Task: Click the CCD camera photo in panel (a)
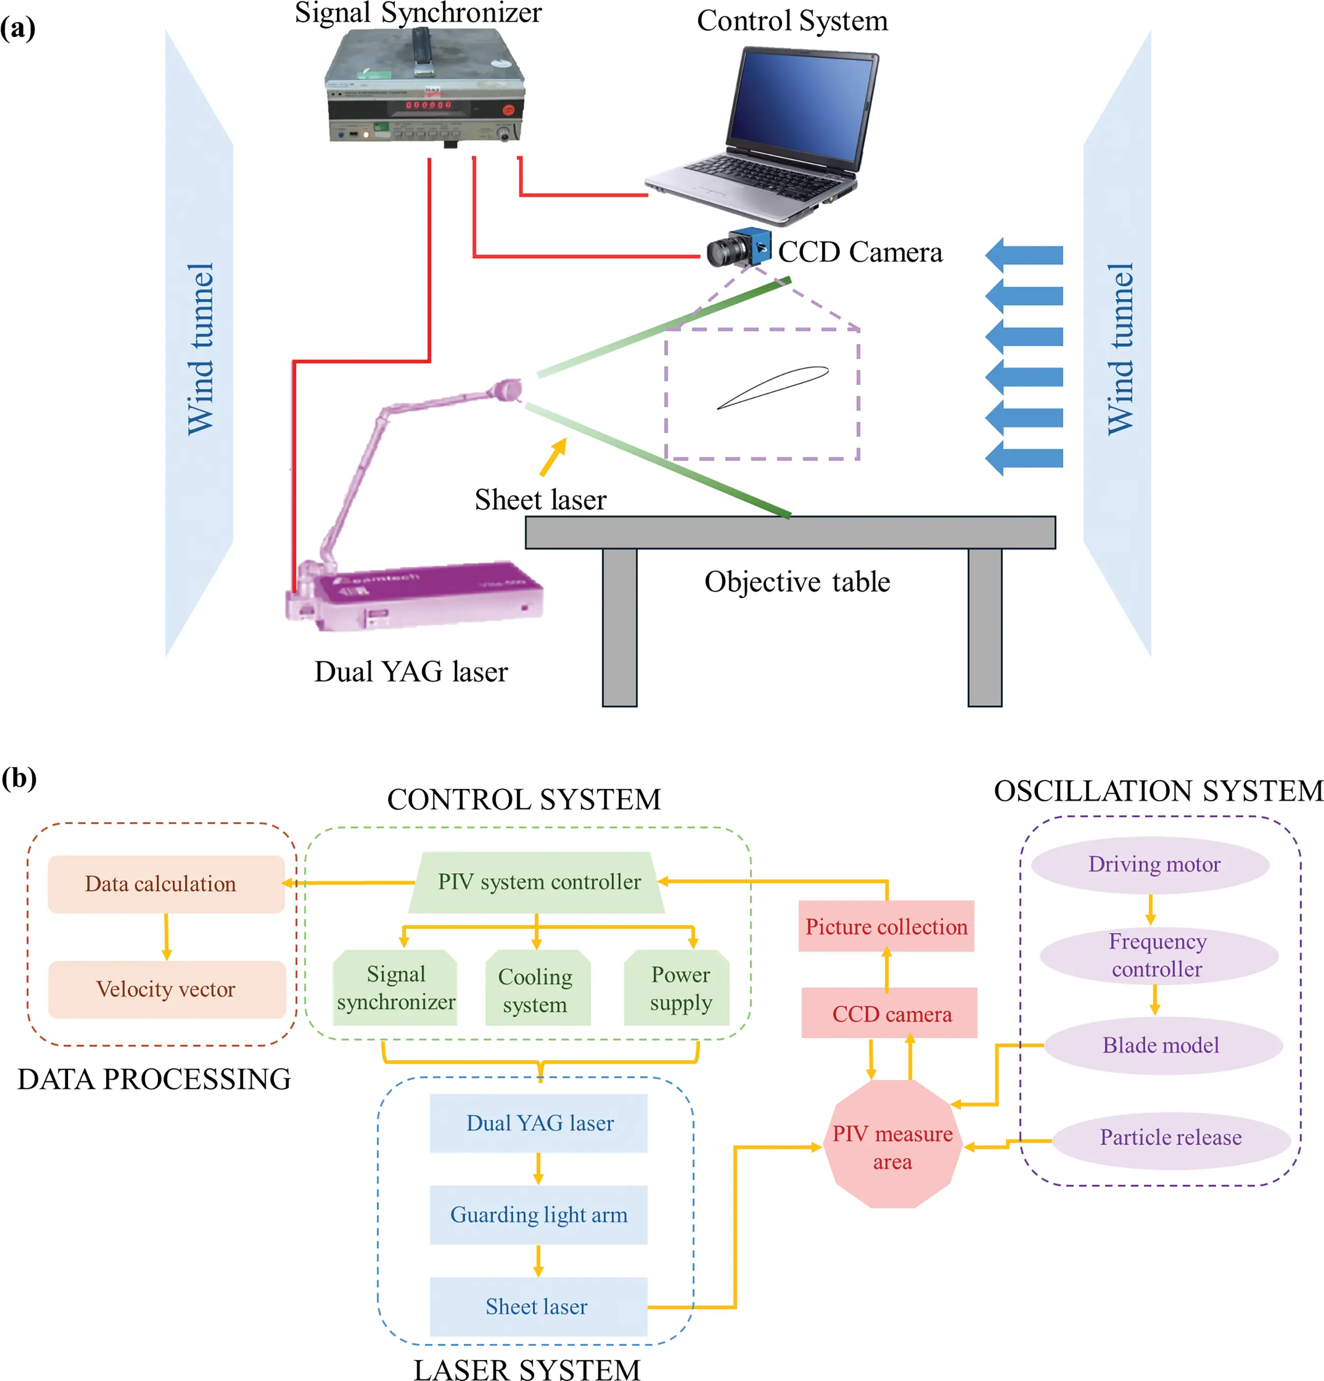coord(738,248)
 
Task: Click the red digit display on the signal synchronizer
coord(427,105)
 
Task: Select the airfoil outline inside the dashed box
coord(773,387)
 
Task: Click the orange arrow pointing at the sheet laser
coord(553,456)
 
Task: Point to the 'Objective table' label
coord(797,582)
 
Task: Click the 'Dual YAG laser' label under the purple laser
coord(411,671)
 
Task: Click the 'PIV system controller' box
coord(538,882)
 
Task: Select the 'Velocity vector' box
coord(166,989)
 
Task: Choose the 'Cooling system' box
coord(537,989)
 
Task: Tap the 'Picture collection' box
coord(886,927)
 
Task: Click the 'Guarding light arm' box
coord(538,1215)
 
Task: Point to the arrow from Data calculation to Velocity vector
coord(166,937)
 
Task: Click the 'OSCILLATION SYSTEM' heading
coord(1158,790)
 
